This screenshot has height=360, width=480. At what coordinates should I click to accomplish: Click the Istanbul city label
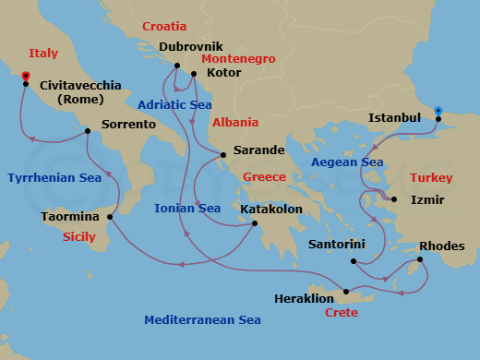point(394,118)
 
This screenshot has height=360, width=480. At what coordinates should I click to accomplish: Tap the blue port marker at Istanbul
point(438,110)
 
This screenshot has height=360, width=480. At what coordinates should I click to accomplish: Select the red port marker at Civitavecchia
point(26,76)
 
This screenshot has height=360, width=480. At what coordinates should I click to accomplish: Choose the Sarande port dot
point(223,154)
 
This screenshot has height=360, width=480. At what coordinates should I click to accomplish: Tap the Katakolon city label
point(270,210)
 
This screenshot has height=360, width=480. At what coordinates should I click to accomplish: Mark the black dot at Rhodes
point(420,259)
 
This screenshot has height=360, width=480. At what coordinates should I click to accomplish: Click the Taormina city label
point(70,217)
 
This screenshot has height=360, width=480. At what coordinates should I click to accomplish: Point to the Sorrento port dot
point(88,131)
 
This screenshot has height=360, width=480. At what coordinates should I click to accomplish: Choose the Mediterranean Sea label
point(202,320)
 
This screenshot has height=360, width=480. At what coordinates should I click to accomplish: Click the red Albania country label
point(234,123)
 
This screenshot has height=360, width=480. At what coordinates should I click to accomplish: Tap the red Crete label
point(342,313)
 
